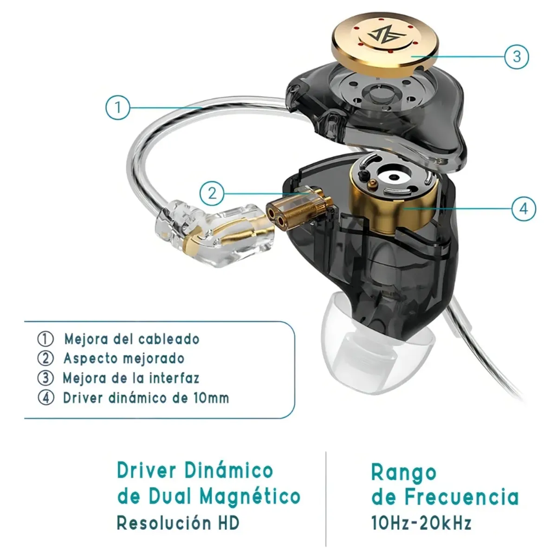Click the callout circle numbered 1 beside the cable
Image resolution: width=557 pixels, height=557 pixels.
117,107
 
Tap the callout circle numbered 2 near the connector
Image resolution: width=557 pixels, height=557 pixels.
212,193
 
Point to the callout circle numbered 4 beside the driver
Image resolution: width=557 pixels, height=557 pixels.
524,208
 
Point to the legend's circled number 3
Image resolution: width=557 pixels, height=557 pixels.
45,378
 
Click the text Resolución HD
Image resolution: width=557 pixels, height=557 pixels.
178,523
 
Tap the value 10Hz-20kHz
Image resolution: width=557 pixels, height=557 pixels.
421,523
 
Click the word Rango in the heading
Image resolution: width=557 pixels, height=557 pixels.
404,473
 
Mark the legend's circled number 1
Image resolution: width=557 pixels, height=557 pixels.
45,339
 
